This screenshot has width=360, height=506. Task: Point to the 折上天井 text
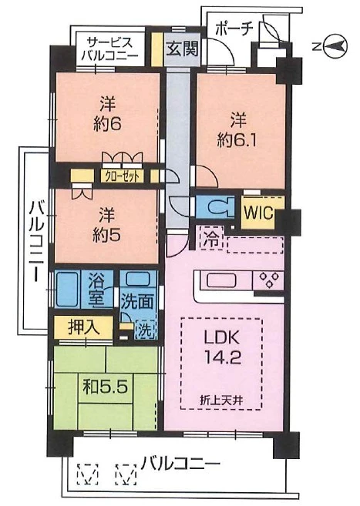220,400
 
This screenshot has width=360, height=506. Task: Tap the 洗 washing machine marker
144,329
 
